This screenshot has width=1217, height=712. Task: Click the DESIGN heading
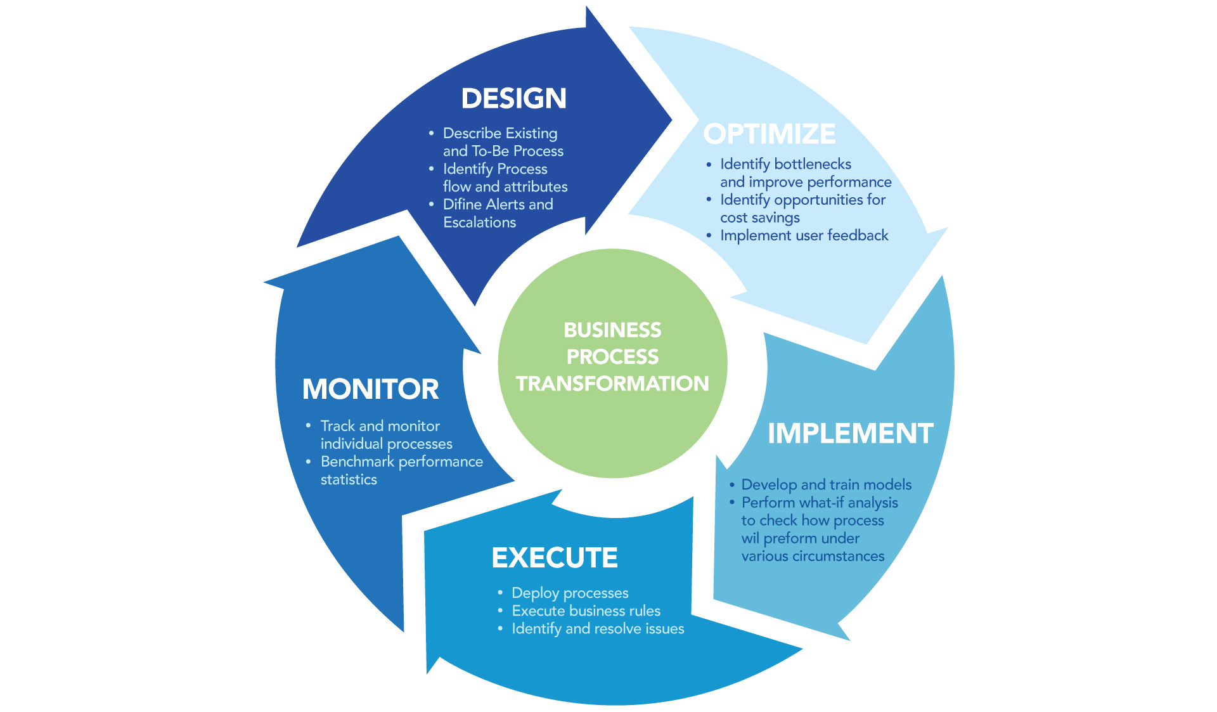513,99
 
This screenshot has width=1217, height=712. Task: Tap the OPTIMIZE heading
769,134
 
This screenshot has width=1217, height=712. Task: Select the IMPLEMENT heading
850,434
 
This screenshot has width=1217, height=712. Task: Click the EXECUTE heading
555,558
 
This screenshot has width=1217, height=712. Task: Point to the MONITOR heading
370,389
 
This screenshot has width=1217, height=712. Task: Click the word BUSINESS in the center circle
612,330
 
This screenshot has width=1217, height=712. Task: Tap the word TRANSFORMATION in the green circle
612,384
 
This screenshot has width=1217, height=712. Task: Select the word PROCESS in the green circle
612,357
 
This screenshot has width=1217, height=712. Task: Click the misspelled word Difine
462,205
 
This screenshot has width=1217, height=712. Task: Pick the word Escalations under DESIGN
479,223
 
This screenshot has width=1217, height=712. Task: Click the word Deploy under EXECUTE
534,593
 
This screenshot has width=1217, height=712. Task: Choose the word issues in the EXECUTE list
664,629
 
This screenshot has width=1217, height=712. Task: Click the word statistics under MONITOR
349,480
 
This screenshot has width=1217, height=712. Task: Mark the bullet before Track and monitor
308,425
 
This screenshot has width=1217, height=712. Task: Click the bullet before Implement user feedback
709,236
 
